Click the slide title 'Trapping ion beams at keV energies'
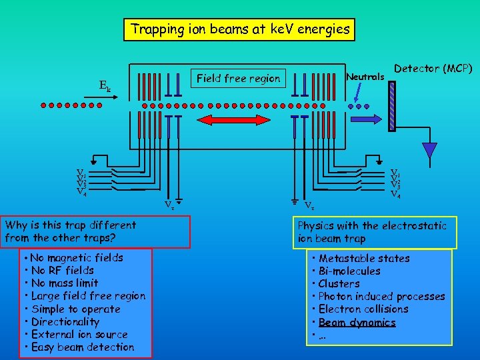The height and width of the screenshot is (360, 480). pyautogui.click(x=240, y=29)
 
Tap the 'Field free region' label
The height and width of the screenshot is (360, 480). pyautogui.click(x=239, y=79)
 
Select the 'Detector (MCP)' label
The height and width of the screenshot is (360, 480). pyautogui.click(x=433, y=69)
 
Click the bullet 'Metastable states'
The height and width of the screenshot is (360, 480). pyautogui.click(x=364, y=259)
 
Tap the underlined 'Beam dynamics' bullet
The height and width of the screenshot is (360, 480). pyautogui.click(x=357, y=323)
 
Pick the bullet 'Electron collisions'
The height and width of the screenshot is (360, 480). pyautogui.click(x=363, y=309)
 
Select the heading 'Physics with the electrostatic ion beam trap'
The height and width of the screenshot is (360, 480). pyautogui.click(x=372, y=232)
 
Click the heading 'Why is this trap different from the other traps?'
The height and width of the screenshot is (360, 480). pyautogui.click(x=71, y=231)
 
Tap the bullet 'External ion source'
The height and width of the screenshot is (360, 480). pyautogui.click(x=79, y=335)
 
